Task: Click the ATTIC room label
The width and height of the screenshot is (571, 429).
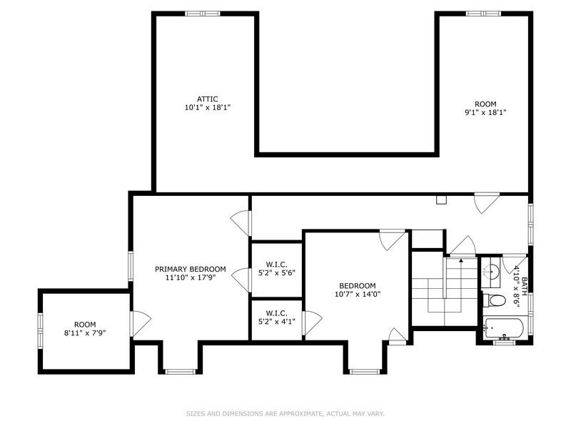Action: click(x=208, y=99)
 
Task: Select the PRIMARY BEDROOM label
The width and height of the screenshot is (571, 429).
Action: click(x=191, y=269)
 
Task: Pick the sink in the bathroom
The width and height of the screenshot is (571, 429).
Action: click(x=490, y=270)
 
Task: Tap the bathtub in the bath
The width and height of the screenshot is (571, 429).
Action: click(x=504, y=329)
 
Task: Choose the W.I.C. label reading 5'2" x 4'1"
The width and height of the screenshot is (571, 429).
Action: click(x=276, y=317)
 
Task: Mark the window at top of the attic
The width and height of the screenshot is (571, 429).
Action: click(x=202, y=14)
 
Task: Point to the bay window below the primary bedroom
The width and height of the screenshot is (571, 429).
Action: click(x=180, y=370)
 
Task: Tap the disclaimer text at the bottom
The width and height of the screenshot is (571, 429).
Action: click(x=285, y=413)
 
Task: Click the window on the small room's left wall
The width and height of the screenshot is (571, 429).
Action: click(x=41, y=330)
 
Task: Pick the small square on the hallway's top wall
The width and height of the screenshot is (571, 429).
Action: click(x=442, y=199)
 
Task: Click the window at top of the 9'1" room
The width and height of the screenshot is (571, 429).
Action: click(x=483, y=14)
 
